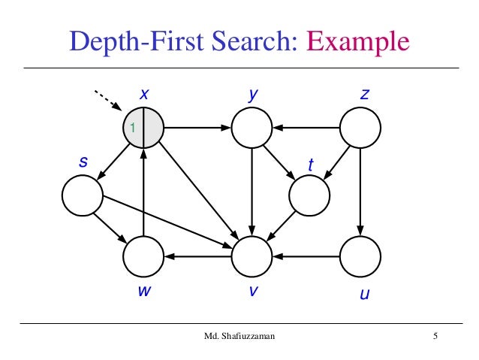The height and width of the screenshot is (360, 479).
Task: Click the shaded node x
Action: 143,128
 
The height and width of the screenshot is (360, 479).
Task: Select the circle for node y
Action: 252,128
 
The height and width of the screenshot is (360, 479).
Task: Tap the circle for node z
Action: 360,128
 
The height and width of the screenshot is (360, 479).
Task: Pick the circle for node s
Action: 82,195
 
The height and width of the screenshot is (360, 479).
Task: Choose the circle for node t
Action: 309,195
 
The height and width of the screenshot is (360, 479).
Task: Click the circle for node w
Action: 143,257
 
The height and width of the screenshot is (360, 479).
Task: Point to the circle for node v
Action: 252,257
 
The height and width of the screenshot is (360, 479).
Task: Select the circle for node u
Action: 360,257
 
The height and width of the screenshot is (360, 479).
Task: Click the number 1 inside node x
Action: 133,129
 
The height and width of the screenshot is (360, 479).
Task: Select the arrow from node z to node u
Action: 360,192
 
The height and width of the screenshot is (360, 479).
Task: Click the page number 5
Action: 435,336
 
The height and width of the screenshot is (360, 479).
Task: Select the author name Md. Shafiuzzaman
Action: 239,336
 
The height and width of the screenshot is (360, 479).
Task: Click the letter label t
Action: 311,164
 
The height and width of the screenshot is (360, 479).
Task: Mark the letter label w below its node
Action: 143,293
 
